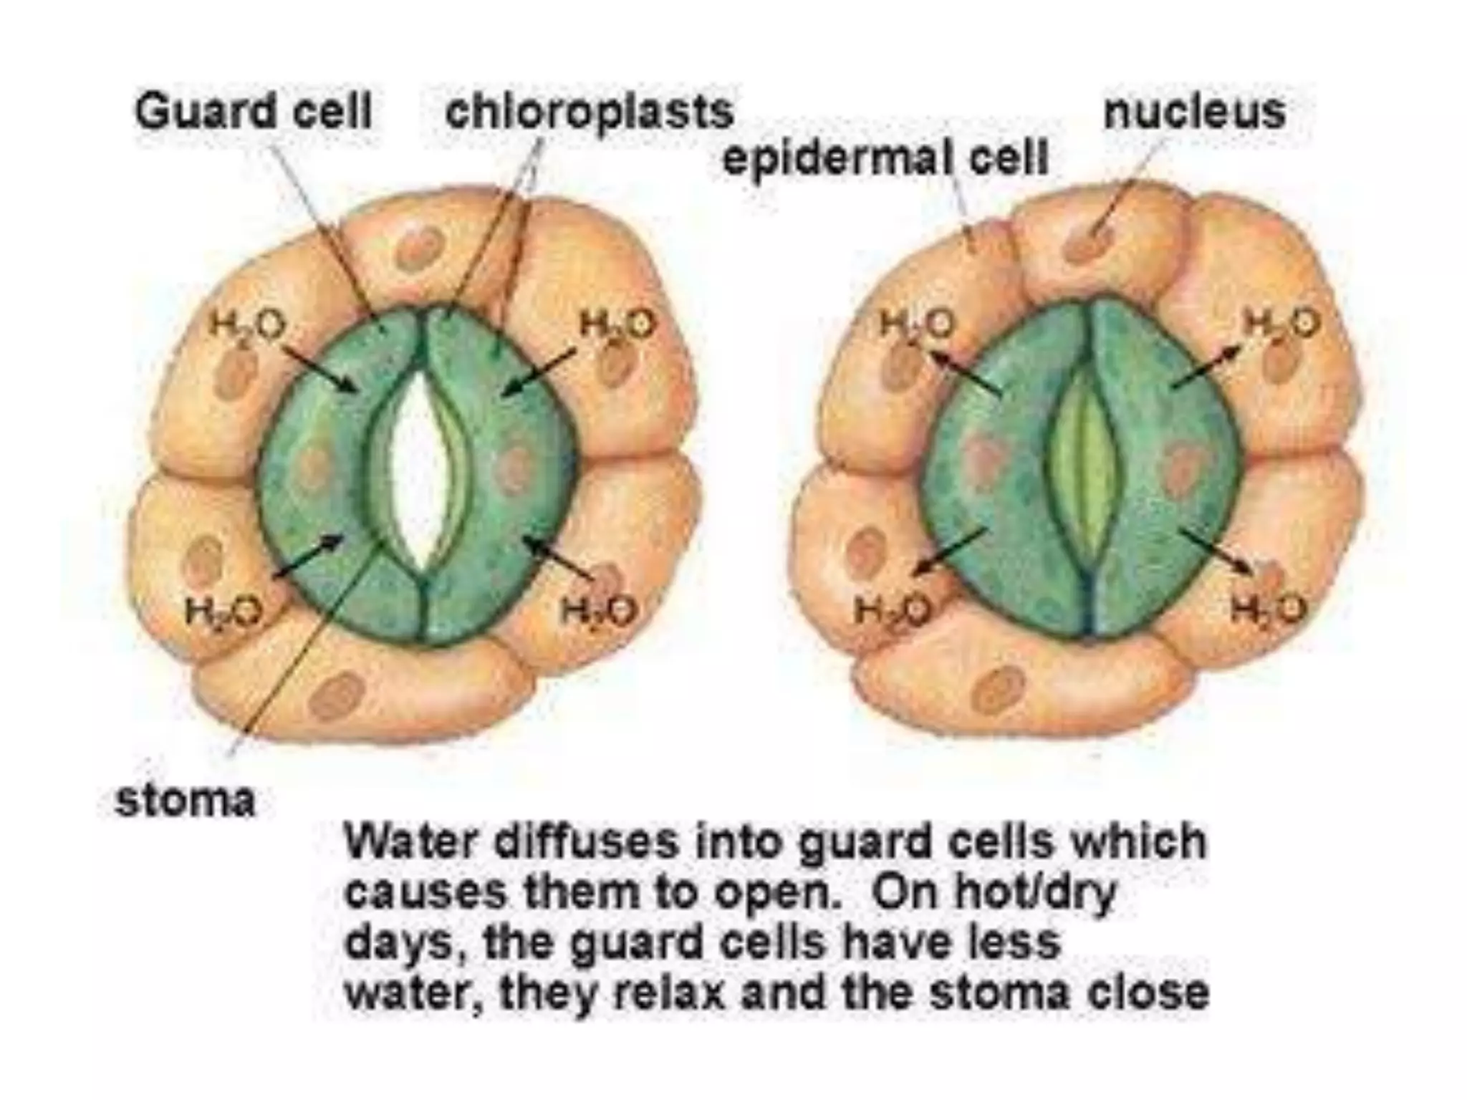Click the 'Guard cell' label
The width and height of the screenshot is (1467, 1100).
254,112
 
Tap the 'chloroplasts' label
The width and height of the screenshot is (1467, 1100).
590,112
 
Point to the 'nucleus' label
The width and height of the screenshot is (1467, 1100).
1195,112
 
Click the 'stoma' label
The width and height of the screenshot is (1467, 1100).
185,800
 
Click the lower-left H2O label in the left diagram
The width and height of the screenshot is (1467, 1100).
223,611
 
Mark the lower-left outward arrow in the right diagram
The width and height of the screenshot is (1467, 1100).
951,550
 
